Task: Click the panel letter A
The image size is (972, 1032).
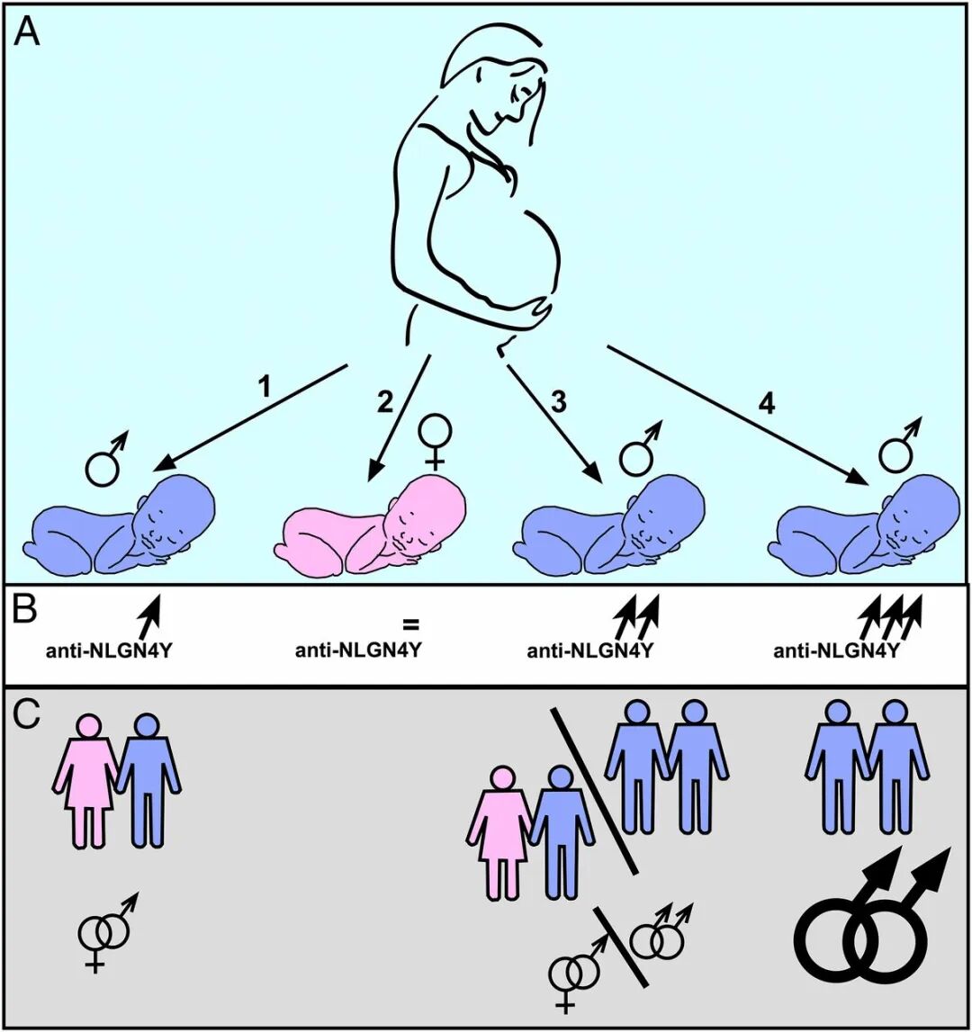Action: tap(28, 31)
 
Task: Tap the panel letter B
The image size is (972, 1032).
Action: tap(26, 609)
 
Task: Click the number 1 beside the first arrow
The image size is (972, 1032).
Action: tap(264, 387)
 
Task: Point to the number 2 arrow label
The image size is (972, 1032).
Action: tap(384, 402)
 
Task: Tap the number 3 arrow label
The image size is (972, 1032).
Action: tap(558, 402)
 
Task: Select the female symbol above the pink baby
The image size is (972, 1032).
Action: tap(435, 442)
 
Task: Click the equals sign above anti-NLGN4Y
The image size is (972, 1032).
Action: tap(411, 624)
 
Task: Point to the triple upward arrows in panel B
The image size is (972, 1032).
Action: tap(889, 616)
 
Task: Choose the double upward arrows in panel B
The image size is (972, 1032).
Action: tap(635, 616)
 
